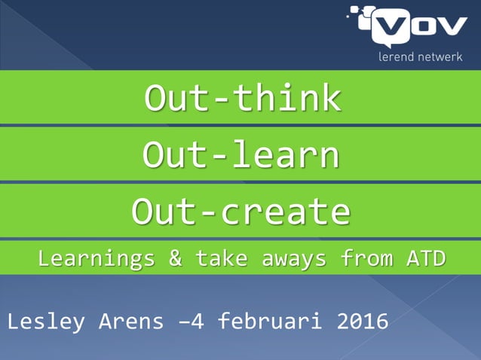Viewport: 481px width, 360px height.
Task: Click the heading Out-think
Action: pos(242,99)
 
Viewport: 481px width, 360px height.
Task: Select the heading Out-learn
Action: pos(240,155)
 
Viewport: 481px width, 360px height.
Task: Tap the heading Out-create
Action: pos(240,212)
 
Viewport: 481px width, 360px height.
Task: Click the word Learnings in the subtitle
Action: pos(97,259)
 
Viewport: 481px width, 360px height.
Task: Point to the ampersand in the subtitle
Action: pos(175,259)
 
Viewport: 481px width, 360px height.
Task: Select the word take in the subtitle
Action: pos(222,259)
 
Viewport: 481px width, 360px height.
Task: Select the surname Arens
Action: pos(131,322)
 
